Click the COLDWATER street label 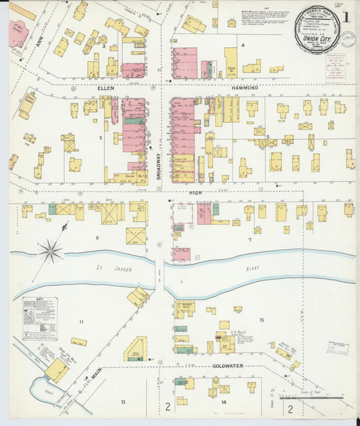coord(227,366)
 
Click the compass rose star coord(50,252)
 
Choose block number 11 coord(81,322)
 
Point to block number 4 coord(242,45)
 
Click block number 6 coord(97,238)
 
